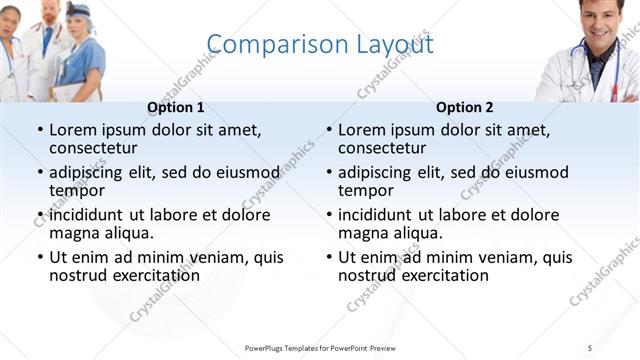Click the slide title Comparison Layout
[320, 46]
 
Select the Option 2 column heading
[465, 108]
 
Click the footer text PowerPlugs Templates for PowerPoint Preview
[320, 347]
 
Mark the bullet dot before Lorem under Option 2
[329, 130]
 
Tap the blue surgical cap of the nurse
[79, 10]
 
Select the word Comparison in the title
[263, 46]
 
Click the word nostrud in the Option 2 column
[367, 275]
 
